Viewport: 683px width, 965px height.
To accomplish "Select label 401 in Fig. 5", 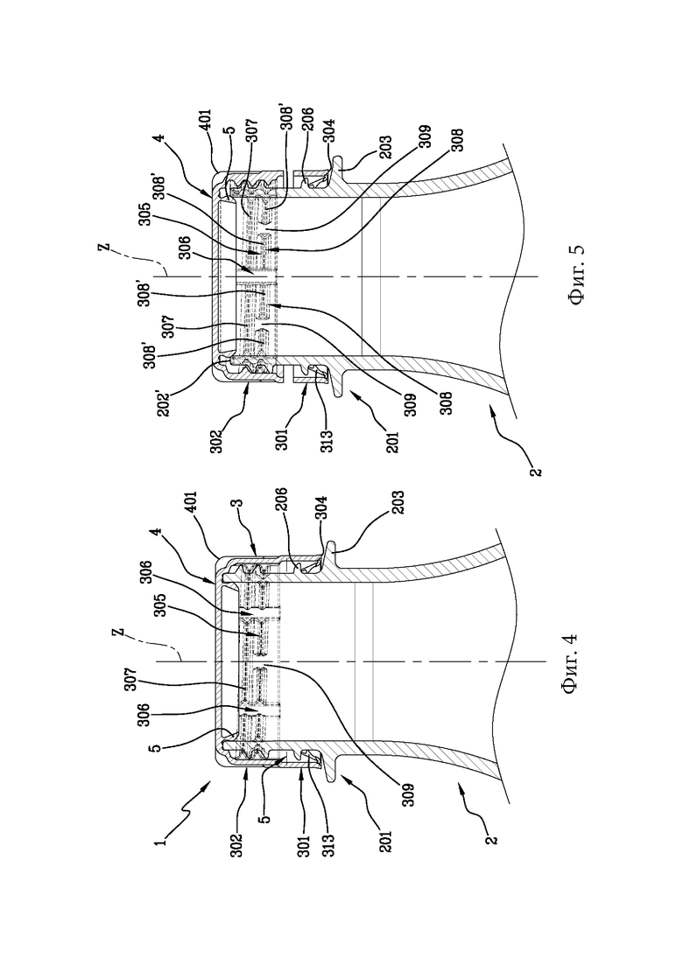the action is coord(205,122).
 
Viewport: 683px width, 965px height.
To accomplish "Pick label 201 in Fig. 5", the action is coord(393,441).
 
